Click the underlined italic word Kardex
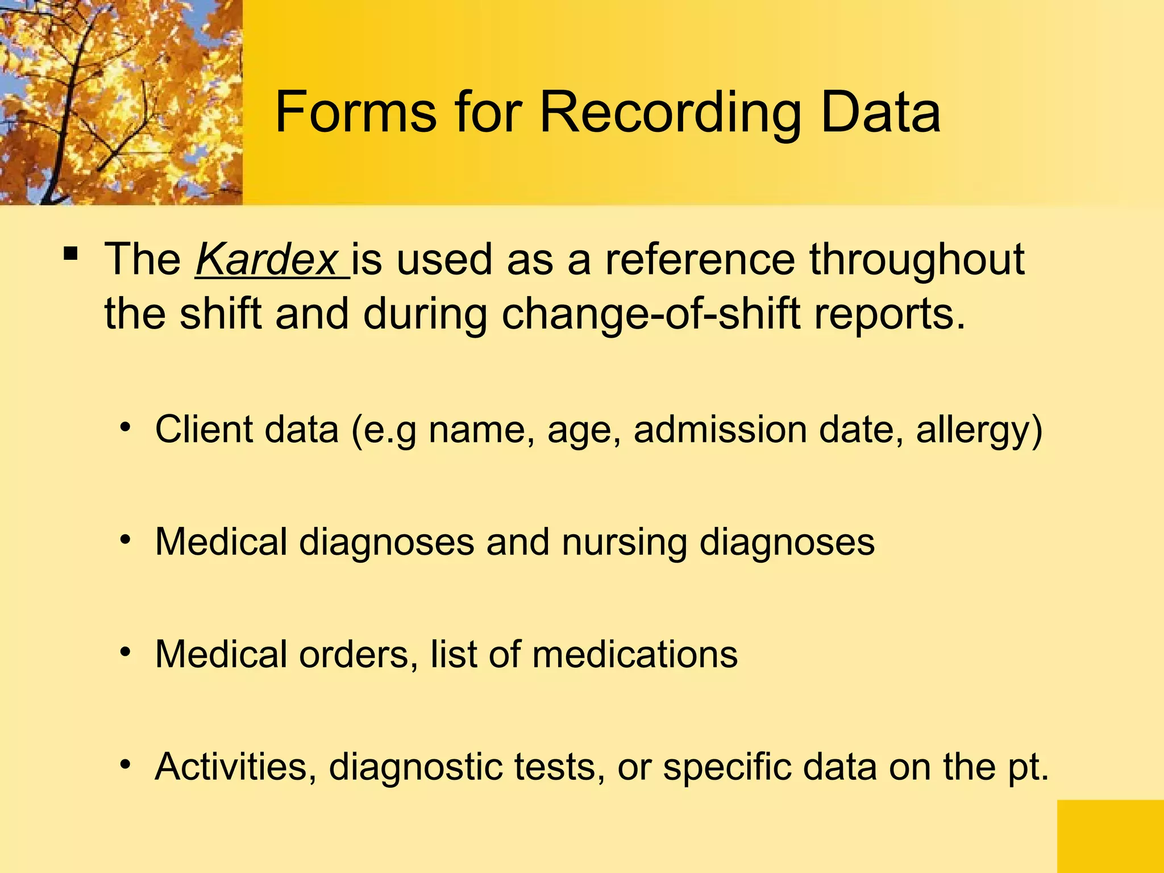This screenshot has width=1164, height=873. coord(267,260)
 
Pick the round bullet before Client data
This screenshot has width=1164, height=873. coord(126,426)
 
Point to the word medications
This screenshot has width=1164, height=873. coord(635,654)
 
